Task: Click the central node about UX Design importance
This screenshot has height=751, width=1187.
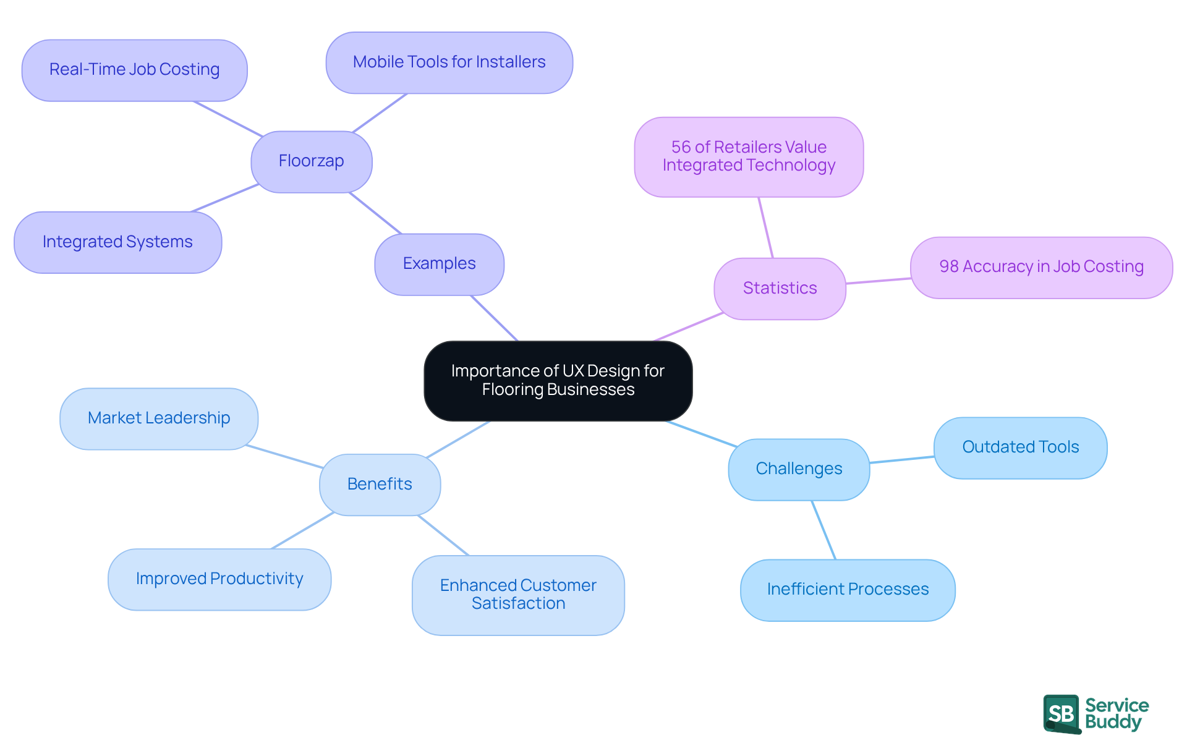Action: (558, 381)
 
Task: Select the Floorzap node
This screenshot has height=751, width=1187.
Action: (311, 161)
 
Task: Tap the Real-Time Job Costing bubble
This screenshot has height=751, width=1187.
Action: (134, 70)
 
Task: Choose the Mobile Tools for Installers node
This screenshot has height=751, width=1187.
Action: (449, 62)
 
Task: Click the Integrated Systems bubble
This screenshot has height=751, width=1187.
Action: (117, 242)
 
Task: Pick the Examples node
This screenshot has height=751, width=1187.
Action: (439, 264)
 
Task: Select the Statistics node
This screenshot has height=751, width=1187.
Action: (780, 289)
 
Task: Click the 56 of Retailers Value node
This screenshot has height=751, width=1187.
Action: (749, 157)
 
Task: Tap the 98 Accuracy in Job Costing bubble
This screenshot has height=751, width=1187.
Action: (1041, 267)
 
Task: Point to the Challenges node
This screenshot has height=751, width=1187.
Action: (799, 469)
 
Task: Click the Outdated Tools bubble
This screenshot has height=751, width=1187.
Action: (1020, 448)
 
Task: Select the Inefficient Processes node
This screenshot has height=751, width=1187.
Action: (848, 590)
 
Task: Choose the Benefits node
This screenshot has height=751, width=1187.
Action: (380, 485)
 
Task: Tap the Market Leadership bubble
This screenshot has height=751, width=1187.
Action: (159, 418)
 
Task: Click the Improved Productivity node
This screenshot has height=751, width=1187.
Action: (219, 579)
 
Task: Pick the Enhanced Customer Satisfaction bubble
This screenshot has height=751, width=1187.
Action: (518, 595)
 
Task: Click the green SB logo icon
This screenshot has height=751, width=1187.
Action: (1061, 714)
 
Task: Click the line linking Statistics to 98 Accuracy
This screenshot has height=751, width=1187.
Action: (878, 281)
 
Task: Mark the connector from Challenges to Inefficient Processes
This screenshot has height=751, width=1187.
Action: (823, 530)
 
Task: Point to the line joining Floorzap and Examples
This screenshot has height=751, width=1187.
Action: (375, 213)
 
